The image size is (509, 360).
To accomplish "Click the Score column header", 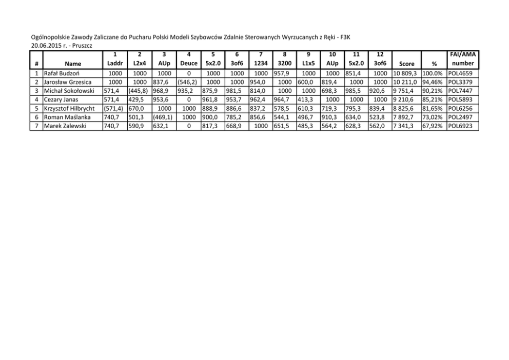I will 406,65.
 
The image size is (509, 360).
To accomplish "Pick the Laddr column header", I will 114,65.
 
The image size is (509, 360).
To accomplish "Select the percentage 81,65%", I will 433,108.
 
